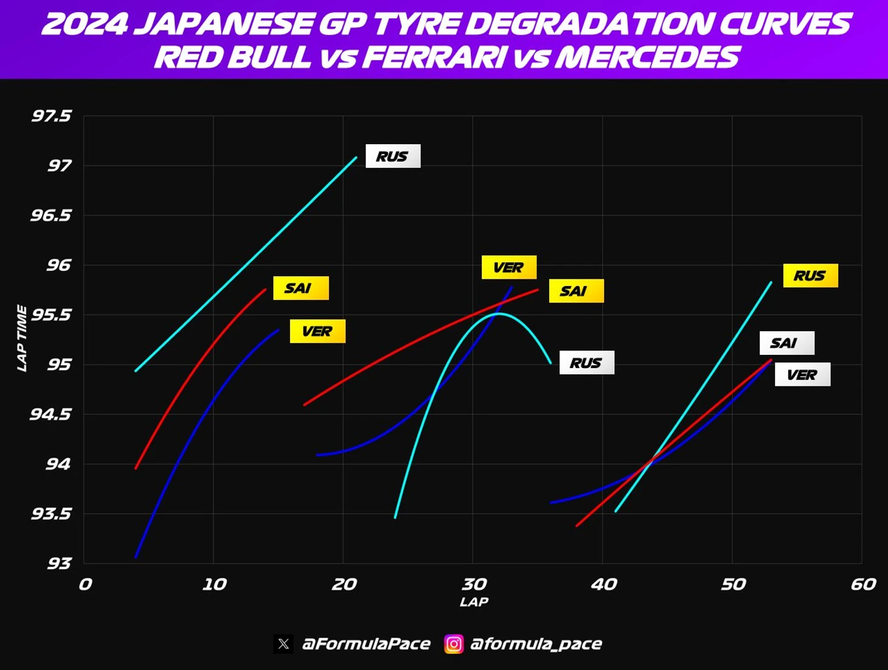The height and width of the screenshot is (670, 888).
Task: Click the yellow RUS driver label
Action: click(810, 276)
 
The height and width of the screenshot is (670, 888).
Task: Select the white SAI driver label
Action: click(786, 343)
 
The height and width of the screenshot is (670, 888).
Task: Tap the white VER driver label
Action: click(802, 375)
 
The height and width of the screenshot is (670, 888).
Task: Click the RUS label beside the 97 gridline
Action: click(392, 156)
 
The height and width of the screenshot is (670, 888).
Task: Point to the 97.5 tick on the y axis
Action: click(52, 116)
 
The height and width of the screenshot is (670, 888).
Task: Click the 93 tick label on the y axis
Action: click(59, 564)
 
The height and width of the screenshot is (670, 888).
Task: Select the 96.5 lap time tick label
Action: click(51, 215)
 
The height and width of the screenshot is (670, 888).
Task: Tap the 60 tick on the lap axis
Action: click(863, 585)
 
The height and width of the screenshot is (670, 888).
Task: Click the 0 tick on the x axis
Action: click(85, 585)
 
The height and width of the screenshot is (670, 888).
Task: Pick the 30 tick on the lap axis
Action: click(474, 585)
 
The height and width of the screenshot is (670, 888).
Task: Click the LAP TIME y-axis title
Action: click(22, 338)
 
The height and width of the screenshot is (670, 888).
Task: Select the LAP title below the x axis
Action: click(474, 602)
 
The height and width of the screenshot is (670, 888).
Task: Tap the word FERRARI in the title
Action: click(434, 58)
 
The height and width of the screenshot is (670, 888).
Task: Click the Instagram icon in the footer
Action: click(454, 644)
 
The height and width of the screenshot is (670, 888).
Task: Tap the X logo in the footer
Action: click(283, 644)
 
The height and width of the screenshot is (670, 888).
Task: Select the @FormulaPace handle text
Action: click(366, 644)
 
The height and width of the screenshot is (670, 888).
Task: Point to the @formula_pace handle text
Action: click(536, 644)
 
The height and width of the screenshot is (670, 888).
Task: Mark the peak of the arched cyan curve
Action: click(499, 313)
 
